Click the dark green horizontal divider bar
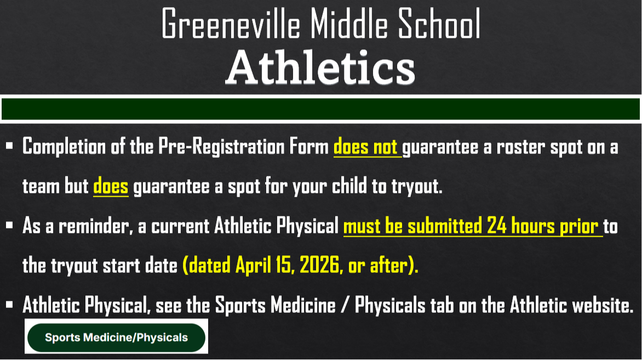321,109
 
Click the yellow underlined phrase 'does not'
366,147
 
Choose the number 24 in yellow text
496,226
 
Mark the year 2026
313,266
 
